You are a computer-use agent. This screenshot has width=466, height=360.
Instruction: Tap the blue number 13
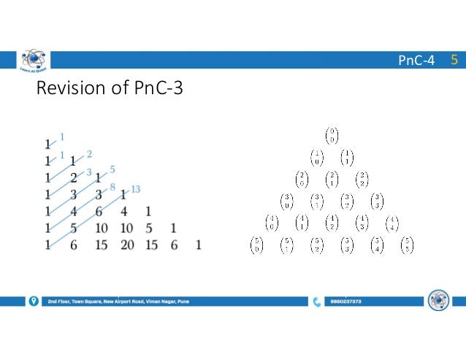(x=137, y=189)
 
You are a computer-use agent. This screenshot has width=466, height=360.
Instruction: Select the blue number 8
(x=112, y=187)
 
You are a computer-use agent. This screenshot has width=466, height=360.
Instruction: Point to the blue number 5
(x=112, y=169)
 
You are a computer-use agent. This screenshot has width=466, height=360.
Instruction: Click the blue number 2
(x=89, y=153)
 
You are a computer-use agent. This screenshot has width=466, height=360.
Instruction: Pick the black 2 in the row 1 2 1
(x=74, y=177)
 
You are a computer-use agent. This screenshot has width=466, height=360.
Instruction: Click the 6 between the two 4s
(x=99, y=212)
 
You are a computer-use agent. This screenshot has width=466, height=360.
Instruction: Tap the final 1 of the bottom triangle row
(x=198, y=246)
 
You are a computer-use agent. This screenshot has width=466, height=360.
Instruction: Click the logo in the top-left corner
(x=33, y=62)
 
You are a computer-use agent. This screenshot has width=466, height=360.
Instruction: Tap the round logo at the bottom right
(x=438, y=300)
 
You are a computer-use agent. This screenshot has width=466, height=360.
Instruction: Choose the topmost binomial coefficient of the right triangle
(x=332, y=137)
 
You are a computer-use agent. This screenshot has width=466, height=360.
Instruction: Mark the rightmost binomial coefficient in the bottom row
(x=407, y=246)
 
